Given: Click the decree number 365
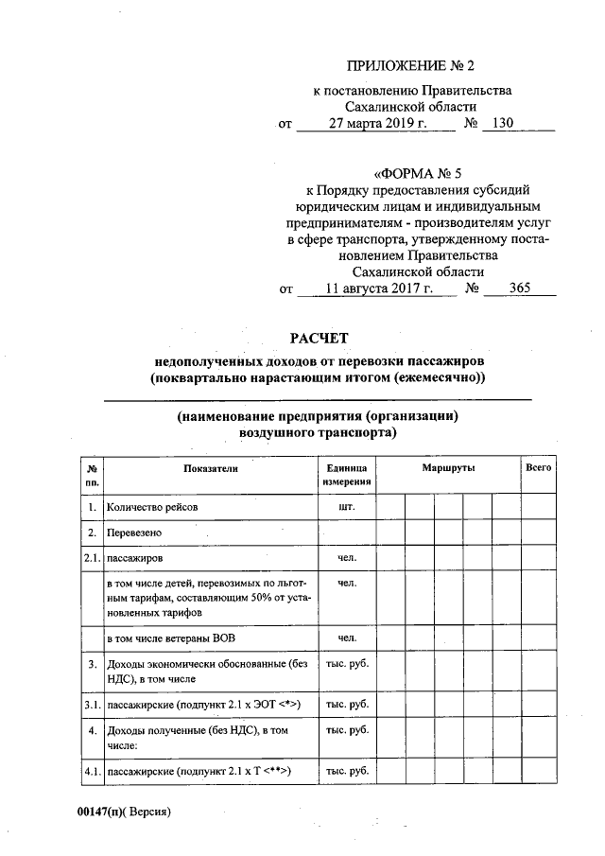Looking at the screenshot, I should pos(519,288).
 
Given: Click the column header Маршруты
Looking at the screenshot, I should pos(448,469).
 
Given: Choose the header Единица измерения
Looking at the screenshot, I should pos(346,476).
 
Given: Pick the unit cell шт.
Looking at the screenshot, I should pos(346,506).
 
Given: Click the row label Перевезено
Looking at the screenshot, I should pos(133,533).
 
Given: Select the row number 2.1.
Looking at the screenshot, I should pos(92,559).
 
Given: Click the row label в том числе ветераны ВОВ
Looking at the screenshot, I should pos(169,638).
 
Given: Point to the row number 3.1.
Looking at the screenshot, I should pos(92,705).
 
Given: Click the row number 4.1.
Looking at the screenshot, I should pos(92,772).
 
